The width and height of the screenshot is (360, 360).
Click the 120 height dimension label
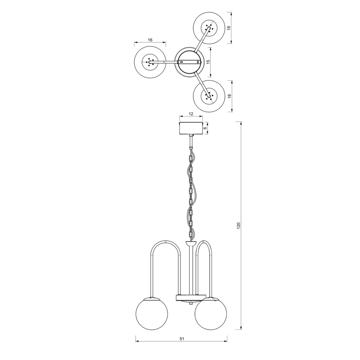[x=238, y=226]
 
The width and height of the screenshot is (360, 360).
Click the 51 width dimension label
[x=182, y=338]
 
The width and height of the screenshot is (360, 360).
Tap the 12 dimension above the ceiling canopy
[x=191, y=114]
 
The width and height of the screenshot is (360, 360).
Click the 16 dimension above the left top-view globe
[x=150, y=40]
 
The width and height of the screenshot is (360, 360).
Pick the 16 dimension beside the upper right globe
[x=229, y=28]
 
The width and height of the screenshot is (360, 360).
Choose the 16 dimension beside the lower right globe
[x=229, y=96]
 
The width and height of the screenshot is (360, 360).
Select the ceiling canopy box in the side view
[x=191, y=128]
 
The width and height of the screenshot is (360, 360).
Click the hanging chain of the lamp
[x=191, y=191]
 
